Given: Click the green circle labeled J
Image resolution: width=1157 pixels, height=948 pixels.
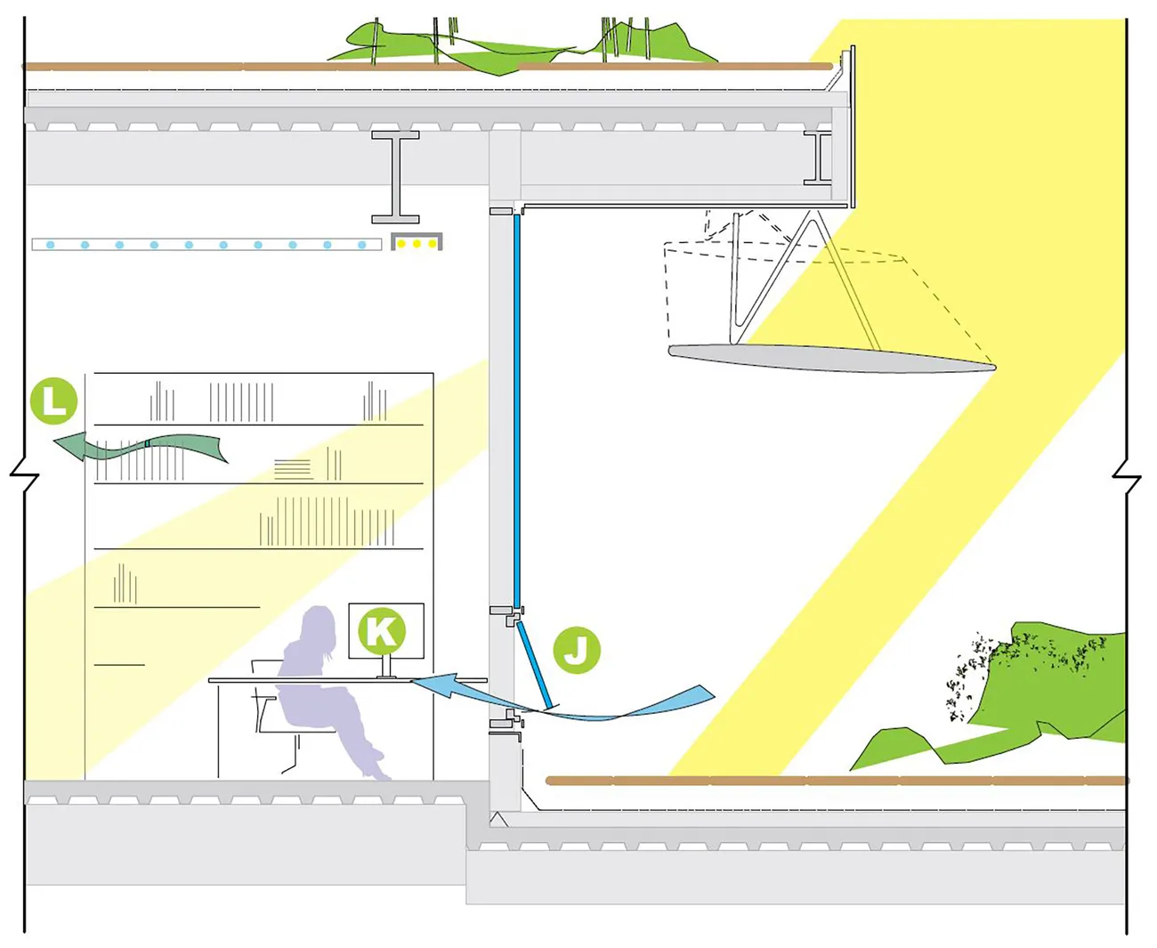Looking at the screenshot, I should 577,650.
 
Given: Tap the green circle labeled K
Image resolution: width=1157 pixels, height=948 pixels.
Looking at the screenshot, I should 382,630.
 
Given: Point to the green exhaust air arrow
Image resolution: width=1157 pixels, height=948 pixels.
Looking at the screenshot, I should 142,446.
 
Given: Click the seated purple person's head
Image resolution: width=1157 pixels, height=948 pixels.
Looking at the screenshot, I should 318,626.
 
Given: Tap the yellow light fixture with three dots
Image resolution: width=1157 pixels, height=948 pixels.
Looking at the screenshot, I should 417,243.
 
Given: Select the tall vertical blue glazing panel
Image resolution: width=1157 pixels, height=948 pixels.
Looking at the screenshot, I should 516,405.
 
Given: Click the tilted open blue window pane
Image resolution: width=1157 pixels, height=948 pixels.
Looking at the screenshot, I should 536,663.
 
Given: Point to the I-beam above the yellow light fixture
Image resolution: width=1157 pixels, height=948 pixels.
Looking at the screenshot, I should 396,176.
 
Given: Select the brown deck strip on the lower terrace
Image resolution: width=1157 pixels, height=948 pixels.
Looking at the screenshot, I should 837,781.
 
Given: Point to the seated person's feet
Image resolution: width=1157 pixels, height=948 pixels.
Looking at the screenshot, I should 377,767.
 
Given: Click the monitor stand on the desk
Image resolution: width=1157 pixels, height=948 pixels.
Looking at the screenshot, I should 386,668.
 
